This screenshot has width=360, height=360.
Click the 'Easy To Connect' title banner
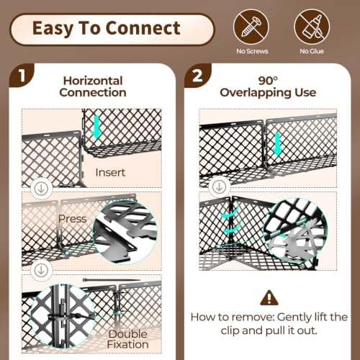coord(112,30)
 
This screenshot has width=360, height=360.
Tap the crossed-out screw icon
coord(251,27)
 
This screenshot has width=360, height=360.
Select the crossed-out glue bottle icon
coord(312,27)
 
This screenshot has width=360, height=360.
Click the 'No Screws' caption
coord(252,51)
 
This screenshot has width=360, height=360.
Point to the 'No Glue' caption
coord(312,51)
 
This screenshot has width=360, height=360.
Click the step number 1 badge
coord(22,76)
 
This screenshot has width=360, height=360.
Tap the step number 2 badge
coord(197,76)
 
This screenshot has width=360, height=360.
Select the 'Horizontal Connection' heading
coord(93,86)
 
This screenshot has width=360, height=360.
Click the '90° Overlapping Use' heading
coord(268,86)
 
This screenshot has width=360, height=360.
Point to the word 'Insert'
coord(110,173)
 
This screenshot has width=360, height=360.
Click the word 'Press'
coord(72,219)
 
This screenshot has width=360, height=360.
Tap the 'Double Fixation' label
coord(127,339)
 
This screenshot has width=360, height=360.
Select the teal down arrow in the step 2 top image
coord(278,145)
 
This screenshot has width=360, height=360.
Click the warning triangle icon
coord(269,297)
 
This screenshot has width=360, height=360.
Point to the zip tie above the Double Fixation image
coord(112,280)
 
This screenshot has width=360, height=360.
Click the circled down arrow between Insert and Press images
coord(41,189)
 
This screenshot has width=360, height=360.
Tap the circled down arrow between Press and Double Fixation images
coord(41,271)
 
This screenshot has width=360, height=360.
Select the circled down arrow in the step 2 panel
coord(219,187)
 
